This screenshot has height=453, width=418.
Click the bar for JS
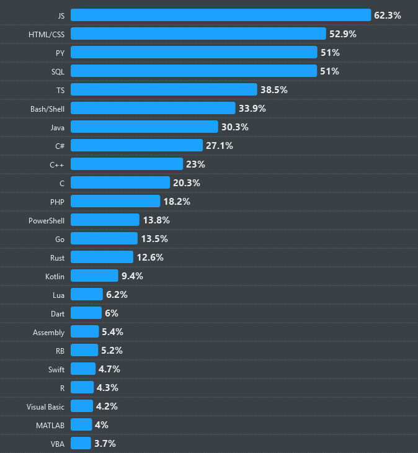click(220, 15)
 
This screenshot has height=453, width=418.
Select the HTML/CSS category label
click(47, 34)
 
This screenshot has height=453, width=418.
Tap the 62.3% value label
click(388, 15)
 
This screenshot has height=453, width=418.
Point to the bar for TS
click(164, 89)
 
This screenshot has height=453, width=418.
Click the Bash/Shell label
click(47, 108)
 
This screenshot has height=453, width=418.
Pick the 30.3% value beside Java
click(234, 127)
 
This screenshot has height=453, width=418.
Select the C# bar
click(136, 145)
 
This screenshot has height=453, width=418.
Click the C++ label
click(57, 164)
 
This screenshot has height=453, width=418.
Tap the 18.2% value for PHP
click(177, 201)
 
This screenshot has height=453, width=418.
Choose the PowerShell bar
click(105, 220)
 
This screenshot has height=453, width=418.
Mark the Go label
click(60, 238)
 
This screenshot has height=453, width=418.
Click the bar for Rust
click(102, 257)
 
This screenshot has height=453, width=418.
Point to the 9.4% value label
click(132, 276)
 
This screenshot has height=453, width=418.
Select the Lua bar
click(87, 294)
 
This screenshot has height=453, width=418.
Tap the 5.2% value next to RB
click(112, 350)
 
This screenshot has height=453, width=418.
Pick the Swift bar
click(83, 369)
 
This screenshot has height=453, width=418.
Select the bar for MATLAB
click(81, 424)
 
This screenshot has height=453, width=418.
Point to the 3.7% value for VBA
click(105, 443)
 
